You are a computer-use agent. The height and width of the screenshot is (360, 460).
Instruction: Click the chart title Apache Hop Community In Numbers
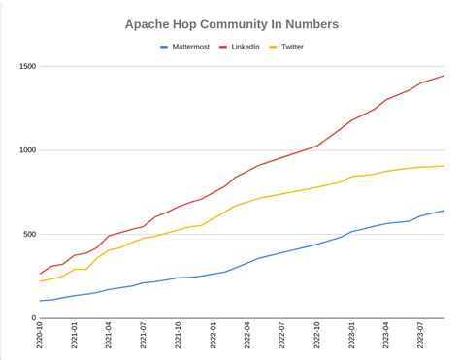(230, 21)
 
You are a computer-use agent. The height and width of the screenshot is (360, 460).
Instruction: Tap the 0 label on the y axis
(32, 317)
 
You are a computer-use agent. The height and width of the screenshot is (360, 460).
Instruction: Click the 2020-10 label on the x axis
(40, 338)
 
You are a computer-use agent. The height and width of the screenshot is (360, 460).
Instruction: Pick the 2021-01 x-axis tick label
(75, 338)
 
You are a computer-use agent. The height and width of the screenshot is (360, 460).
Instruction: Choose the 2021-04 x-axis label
(109, 338)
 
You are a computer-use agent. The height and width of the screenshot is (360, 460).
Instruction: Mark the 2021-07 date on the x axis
(144, 338)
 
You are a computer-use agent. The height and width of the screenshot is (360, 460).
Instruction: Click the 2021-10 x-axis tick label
(179, 338)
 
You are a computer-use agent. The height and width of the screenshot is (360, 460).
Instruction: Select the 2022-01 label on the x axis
(214, 338)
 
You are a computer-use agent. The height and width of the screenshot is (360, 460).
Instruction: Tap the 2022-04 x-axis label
(247, 338)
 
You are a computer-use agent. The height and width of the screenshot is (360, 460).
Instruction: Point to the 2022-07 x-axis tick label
(282, 338)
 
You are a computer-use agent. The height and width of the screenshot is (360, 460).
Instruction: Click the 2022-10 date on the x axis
(317, 338)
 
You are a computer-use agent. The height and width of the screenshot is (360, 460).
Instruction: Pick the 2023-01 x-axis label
(352, 338)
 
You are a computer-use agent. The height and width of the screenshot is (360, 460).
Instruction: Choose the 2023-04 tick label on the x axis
(386, 338)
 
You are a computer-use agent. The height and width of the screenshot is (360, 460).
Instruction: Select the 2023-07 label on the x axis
(421, 338)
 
